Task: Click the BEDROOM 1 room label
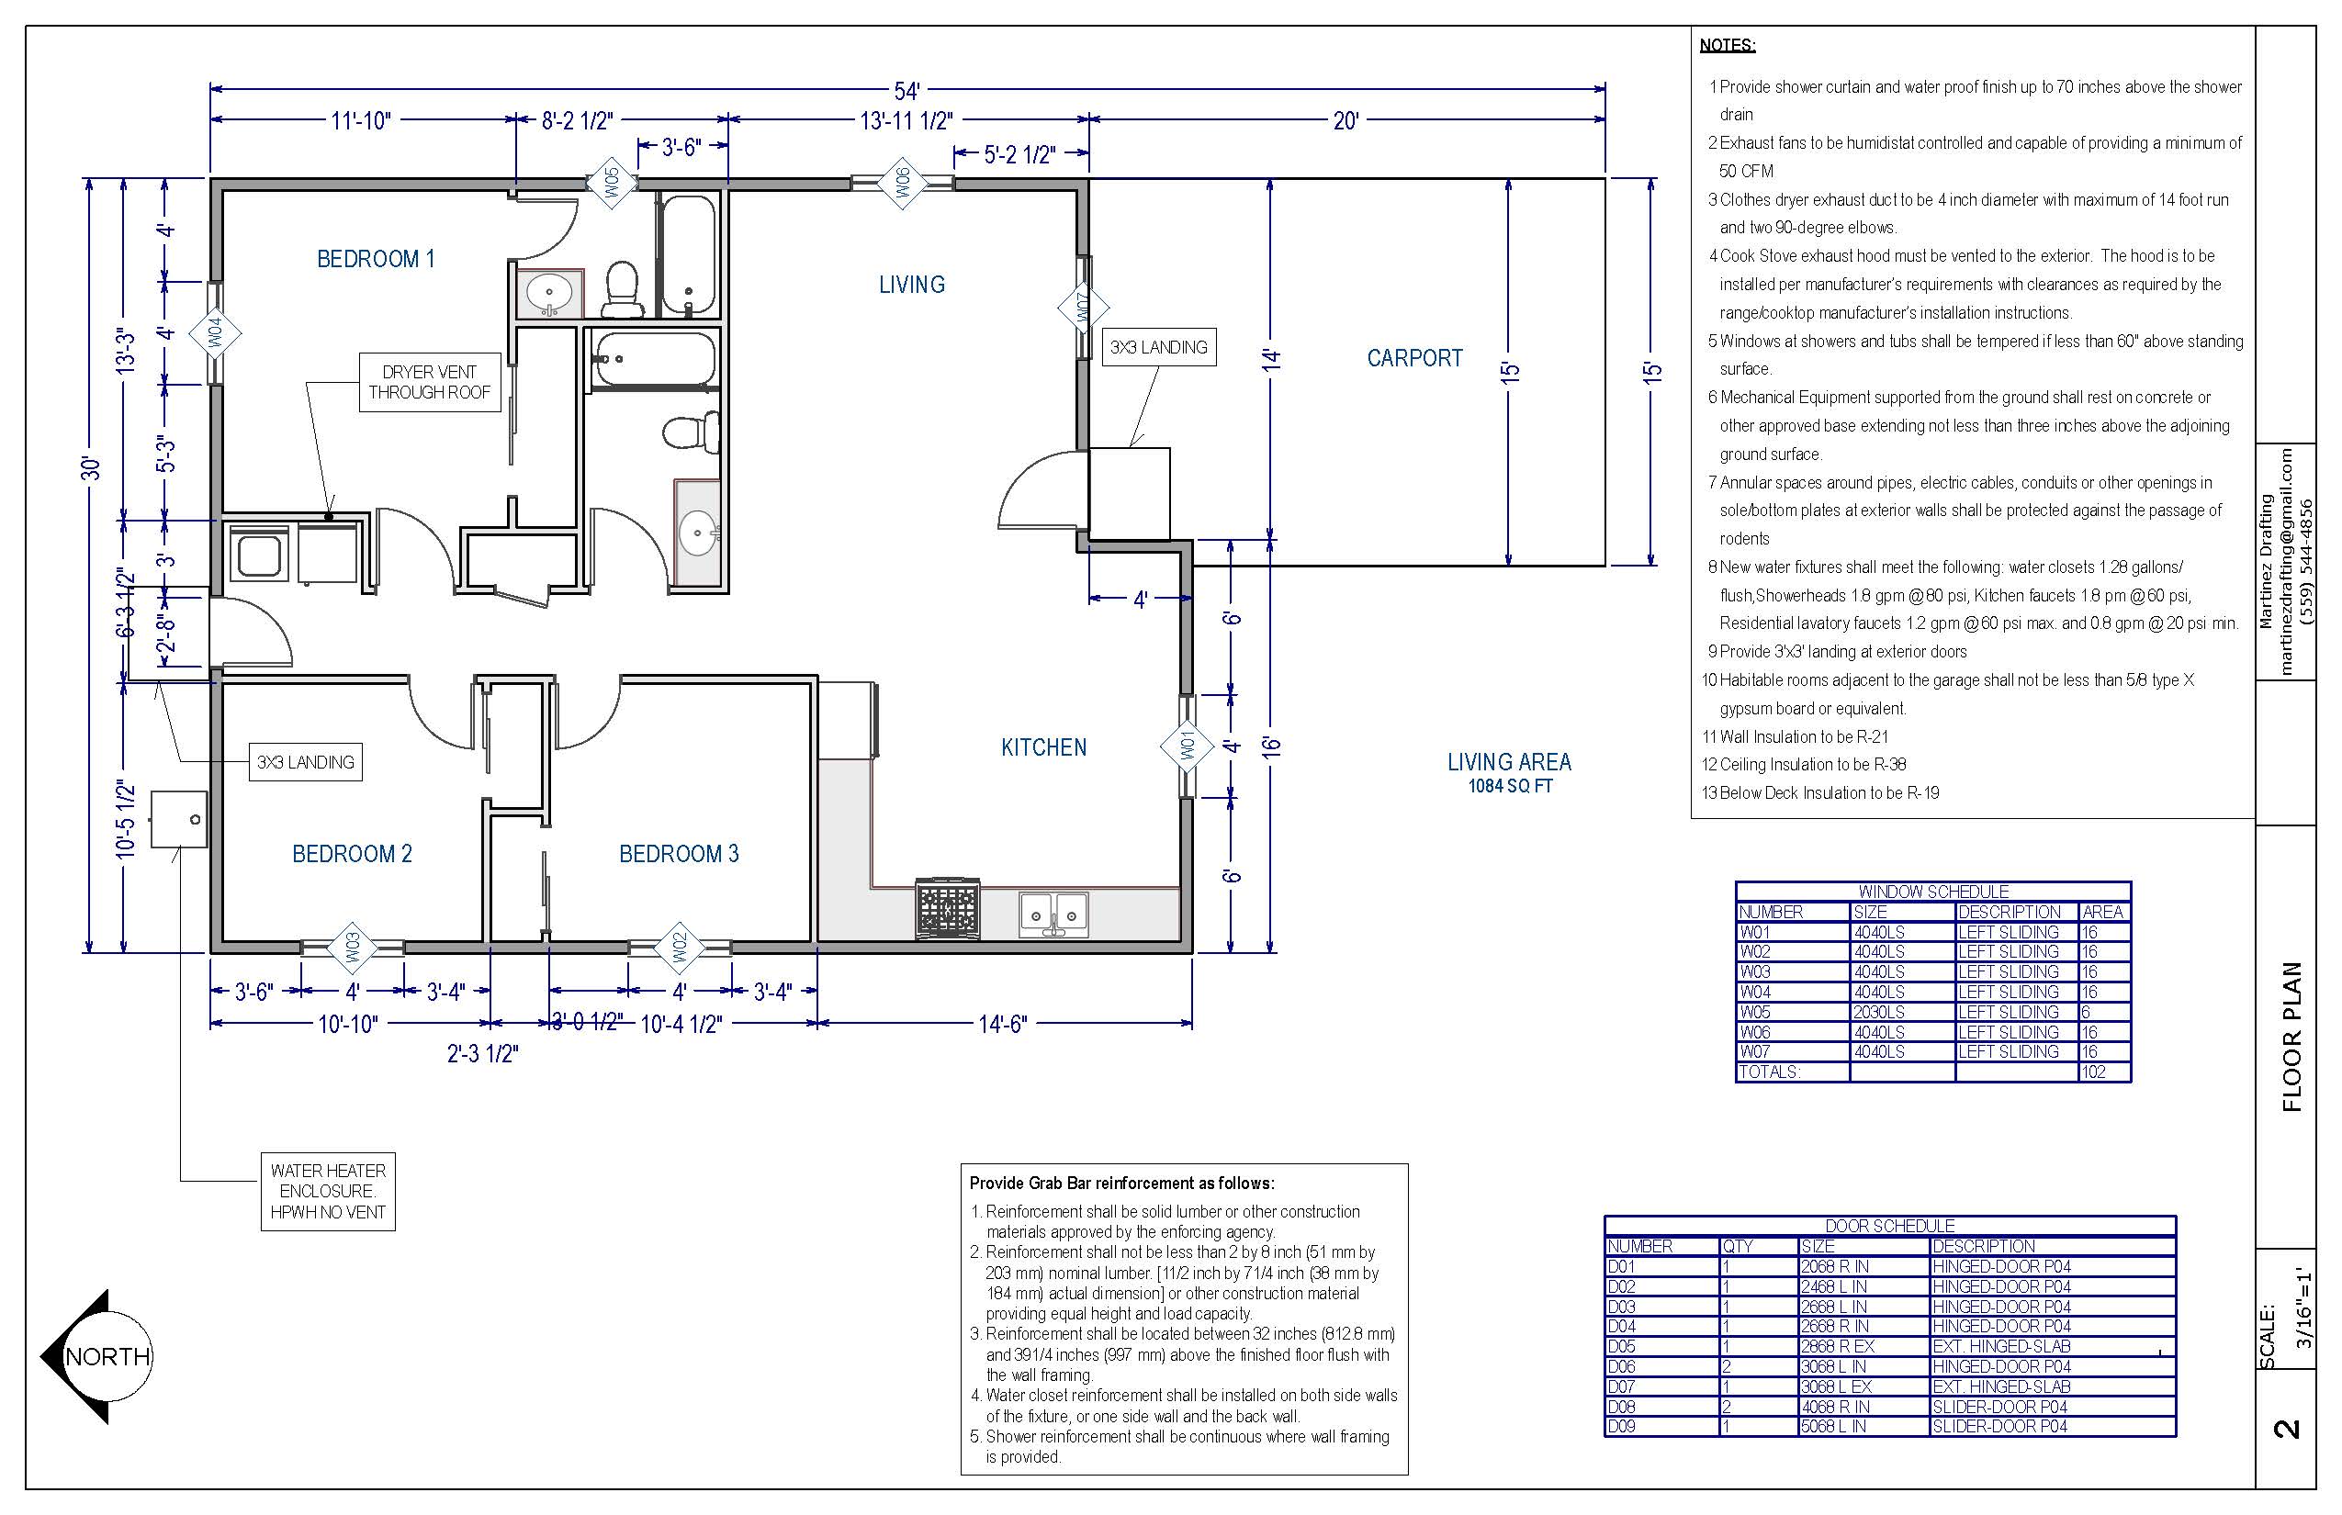tap(375, 259)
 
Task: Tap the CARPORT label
tap(1414, 358)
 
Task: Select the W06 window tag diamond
tap(901, 182)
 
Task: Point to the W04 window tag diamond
tap(217, 333)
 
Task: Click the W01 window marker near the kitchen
tap(1187, 746)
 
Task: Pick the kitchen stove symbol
tap(948, 908)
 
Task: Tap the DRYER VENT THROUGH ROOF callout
tap(429, 382)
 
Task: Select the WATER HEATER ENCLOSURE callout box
tap(328, 1192)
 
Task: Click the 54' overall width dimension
tap(906, 92)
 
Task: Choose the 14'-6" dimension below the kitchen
tap(1003, 1024)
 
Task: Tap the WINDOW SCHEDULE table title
tap(1932, 892)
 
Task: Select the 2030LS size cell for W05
tap(1878, 1012)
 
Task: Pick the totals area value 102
tap(2093, 1072)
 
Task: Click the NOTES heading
tap(1727, 45)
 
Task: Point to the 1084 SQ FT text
tap(1511, 786)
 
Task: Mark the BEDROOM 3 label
tap(679, 854)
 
